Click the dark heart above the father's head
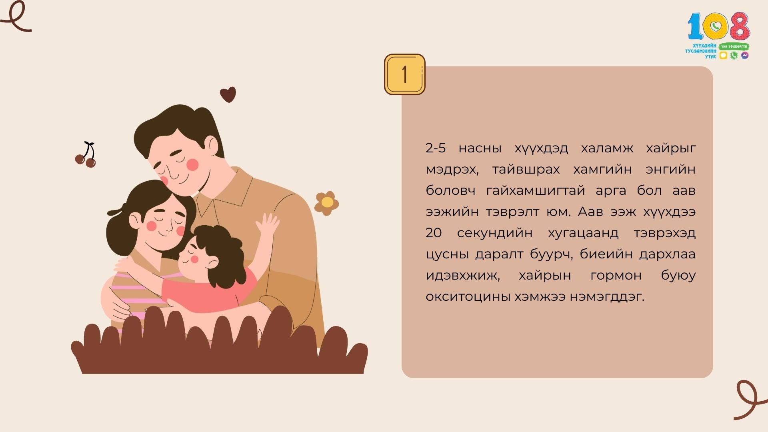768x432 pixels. coord(228,94)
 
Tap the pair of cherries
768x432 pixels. coord(86,155)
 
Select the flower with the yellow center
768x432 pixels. coord(326,203)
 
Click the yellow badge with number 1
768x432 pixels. coord(404,74)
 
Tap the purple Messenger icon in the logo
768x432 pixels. coord(745,56)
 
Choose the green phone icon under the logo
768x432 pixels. coord(734,56)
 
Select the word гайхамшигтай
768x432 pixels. coord(536,191)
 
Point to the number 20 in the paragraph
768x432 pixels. coord(434,233)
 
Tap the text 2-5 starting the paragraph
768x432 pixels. coord(436,148)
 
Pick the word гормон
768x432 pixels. coord(616,276)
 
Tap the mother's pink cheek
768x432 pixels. coord(152,226)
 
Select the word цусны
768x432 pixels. coord(447,255)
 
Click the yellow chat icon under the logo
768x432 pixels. coord(723,56)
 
